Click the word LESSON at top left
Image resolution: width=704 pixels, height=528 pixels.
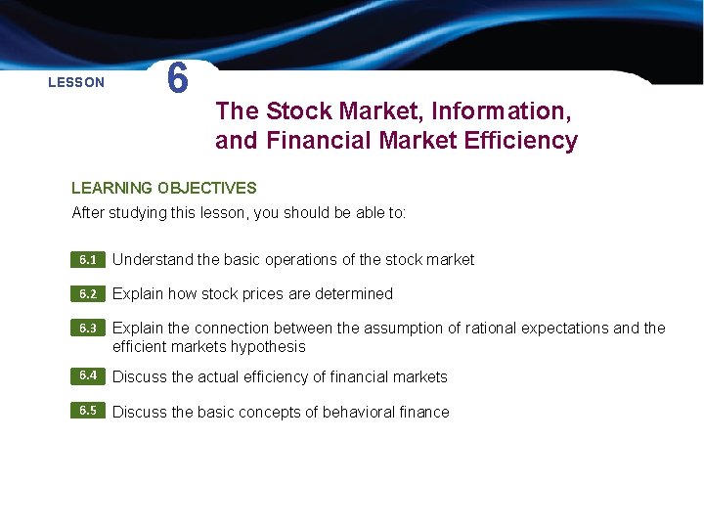click(x=76, y=83)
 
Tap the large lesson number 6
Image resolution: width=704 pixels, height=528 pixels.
click(x=177, y=79)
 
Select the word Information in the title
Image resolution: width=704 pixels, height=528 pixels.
click(x=499, y=110)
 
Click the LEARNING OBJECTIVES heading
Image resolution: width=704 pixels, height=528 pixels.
click(x=164, y=188)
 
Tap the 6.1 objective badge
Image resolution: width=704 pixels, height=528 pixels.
click(x=88, y=260)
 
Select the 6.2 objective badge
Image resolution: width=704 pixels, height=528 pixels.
click(x=88, y=294)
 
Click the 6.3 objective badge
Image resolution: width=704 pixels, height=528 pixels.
click(x=88, y=329)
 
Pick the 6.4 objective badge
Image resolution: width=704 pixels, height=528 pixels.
click(x=88, y=376)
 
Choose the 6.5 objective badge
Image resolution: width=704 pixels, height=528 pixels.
click(x=88, y=411)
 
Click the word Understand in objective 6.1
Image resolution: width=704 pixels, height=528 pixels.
click(x=153, y=260)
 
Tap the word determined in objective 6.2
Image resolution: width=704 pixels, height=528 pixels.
click(x=354, y=294)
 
